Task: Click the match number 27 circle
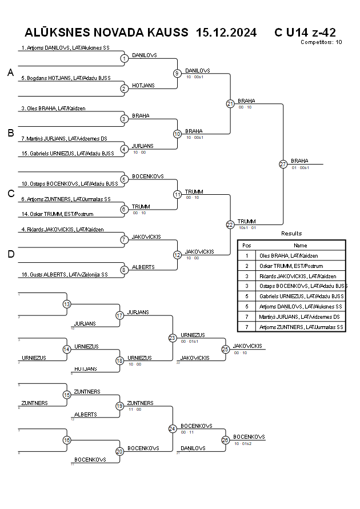(283, 164)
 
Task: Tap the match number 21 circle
(230, 103)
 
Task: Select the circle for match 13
(67, 304)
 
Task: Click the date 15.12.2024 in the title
(226, 32)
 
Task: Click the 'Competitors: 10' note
(321, 42)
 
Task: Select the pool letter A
(10, 73)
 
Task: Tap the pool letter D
(10, 254)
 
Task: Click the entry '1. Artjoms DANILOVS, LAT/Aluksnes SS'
(65, 48)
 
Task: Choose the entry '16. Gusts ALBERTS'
(64, 274)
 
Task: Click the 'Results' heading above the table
(291, 233)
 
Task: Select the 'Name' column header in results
(300, 245)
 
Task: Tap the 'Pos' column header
(247, 245)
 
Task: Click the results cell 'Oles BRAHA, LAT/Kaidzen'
(289, 256)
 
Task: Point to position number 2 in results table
(247, 266)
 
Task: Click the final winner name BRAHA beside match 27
(299, 161)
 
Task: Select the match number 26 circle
(225, 440)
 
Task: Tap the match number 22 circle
(230, 225)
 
